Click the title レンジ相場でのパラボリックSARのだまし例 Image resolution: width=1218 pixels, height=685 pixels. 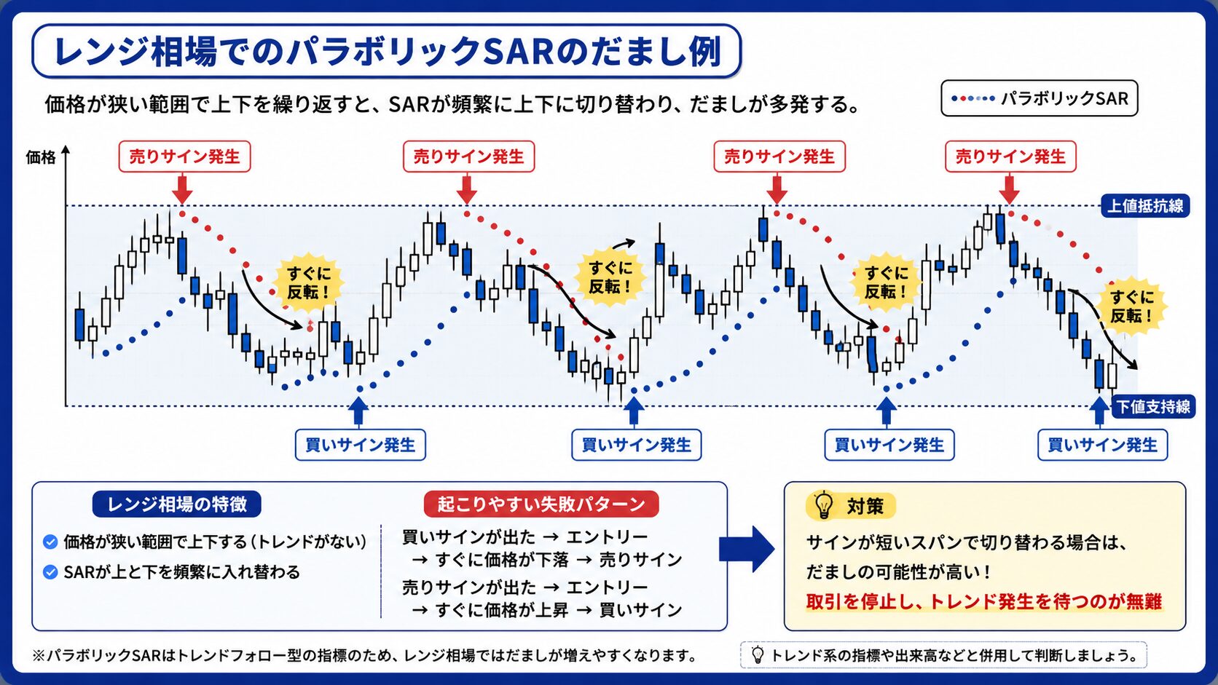point(388,52)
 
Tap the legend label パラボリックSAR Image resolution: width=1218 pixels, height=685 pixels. point(1065,98)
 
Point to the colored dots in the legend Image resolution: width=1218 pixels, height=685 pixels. point(973,98)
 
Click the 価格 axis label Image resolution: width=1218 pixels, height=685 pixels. point(41,157)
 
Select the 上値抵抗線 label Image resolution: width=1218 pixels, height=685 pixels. point(1145,206)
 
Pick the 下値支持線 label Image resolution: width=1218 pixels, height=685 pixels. point(1153,406)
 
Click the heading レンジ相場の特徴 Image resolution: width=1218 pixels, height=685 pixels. point(177,504)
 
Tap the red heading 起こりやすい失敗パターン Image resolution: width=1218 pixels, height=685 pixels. point(541,504)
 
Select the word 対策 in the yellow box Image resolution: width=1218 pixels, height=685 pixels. point(865,506)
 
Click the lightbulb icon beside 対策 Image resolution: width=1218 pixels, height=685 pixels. point(823,504)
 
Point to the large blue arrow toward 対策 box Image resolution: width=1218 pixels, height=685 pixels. point(747,549)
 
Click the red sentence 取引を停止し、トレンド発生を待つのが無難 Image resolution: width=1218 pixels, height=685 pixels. point(983,601)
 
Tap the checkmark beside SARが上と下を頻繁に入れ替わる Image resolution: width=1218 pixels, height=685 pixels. point(50,572)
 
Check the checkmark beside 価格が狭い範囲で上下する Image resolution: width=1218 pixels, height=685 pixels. point(50,542)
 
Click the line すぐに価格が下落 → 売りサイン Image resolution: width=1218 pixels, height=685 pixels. point(546,560)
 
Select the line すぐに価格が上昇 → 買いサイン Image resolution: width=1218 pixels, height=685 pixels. point(546,610)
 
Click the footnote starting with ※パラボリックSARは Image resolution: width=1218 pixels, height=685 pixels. point(364,656)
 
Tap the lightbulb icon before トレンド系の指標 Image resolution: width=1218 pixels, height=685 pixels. point(758,654)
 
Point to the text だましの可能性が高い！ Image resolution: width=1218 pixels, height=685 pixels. point(897,571)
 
